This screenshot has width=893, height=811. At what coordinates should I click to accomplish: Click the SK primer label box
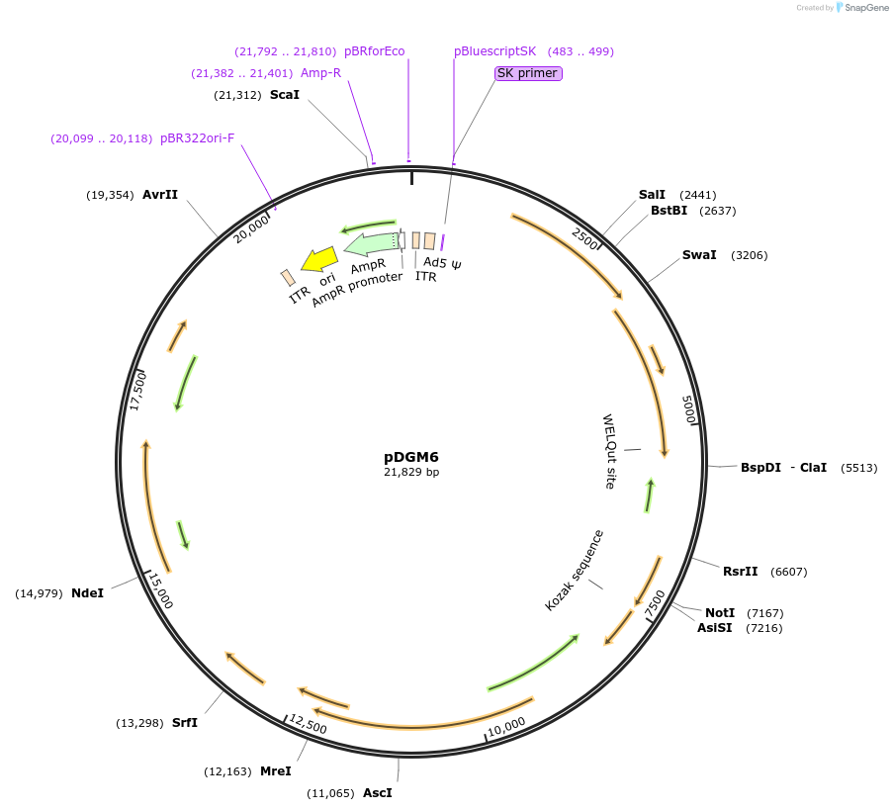(528, 73)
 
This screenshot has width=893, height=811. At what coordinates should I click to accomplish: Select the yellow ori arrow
(319, 260)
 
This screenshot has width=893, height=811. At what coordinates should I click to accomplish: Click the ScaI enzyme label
(285, 95)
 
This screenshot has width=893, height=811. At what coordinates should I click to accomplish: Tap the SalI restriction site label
(652, 195)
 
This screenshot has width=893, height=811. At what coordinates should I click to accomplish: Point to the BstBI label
(669, 211)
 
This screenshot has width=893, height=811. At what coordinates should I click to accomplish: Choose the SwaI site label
(699, 255)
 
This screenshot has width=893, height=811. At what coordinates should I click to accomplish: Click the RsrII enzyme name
(740, 571)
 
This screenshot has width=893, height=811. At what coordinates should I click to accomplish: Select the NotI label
(720, 613)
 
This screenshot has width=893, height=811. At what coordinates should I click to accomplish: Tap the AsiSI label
(715, 627)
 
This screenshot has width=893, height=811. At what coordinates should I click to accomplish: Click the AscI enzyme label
(377, 792)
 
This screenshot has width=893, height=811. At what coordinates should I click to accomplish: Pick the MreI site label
(276, 770)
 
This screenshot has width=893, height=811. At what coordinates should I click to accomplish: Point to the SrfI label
(185, 723)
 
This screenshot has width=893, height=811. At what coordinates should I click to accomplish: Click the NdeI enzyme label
(88, 593)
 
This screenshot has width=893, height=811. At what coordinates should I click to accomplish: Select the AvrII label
(160, 195)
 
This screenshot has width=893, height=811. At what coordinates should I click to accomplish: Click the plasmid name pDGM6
(411, 457)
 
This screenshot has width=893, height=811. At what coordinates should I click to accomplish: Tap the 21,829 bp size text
(411, 473)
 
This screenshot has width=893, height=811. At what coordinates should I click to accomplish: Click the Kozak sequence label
(574, 571)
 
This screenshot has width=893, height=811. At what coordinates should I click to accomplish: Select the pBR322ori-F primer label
(198, 138)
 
